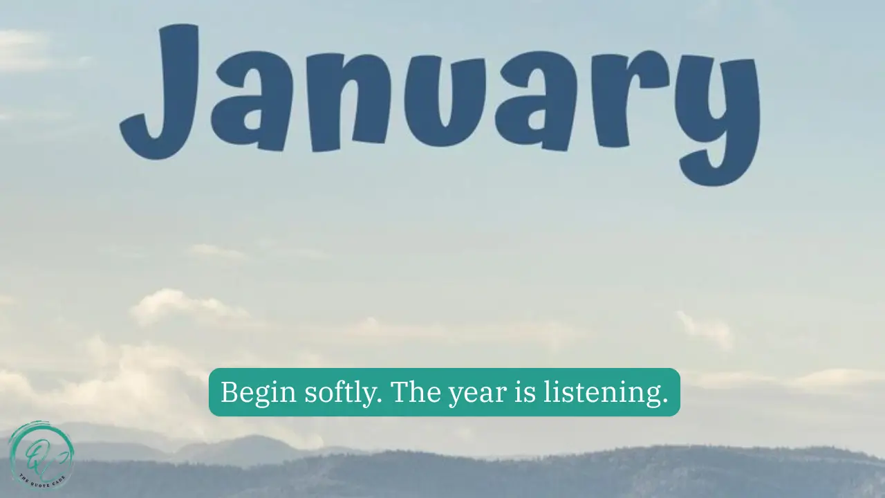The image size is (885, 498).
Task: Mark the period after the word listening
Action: click(x=665, y=401)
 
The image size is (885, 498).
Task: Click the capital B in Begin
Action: click(x=229, y=392)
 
